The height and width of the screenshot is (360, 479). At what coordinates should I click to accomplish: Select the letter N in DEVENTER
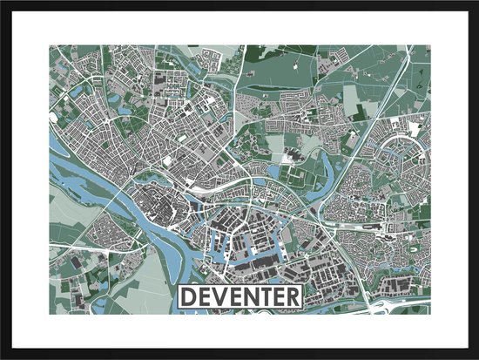click(x=252, y=296)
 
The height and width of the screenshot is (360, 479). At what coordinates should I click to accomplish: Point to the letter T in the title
click(x=266, y=296)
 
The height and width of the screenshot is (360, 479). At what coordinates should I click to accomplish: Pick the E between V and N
click(x=236, y=296)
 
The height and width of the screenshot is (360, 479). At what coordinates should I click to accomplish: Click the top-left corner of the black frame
click(x=3, y=3)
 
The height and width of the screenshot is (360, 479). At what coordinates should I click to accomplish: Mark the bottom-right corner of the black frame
click(x=476, y=357)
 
